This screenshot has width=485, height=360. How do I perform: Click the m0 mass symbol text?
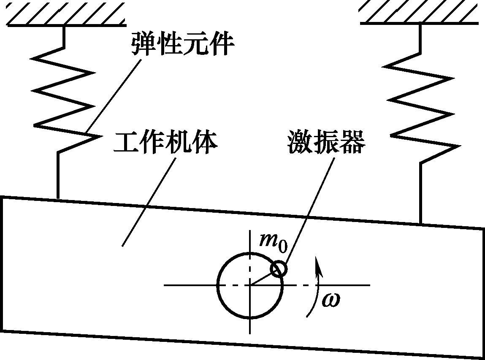[272, 241]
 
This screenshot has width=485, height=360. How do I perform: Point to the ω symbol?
[331, 300]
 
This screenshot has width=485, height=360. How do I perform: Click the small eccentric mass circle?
[279, 268]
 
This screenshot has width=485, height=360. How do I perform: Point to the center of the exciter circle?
[250, 285]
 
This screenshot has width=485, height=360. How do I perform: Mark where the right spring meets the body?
[421, 223]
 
